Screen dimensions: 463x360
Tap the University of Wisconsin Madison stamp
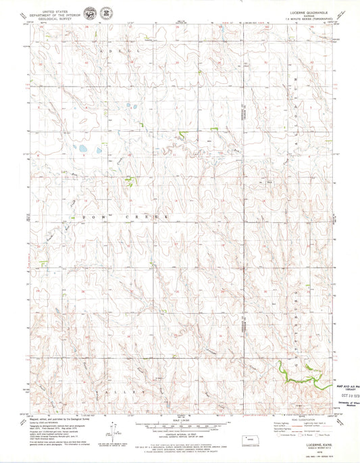coord(344,404)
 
